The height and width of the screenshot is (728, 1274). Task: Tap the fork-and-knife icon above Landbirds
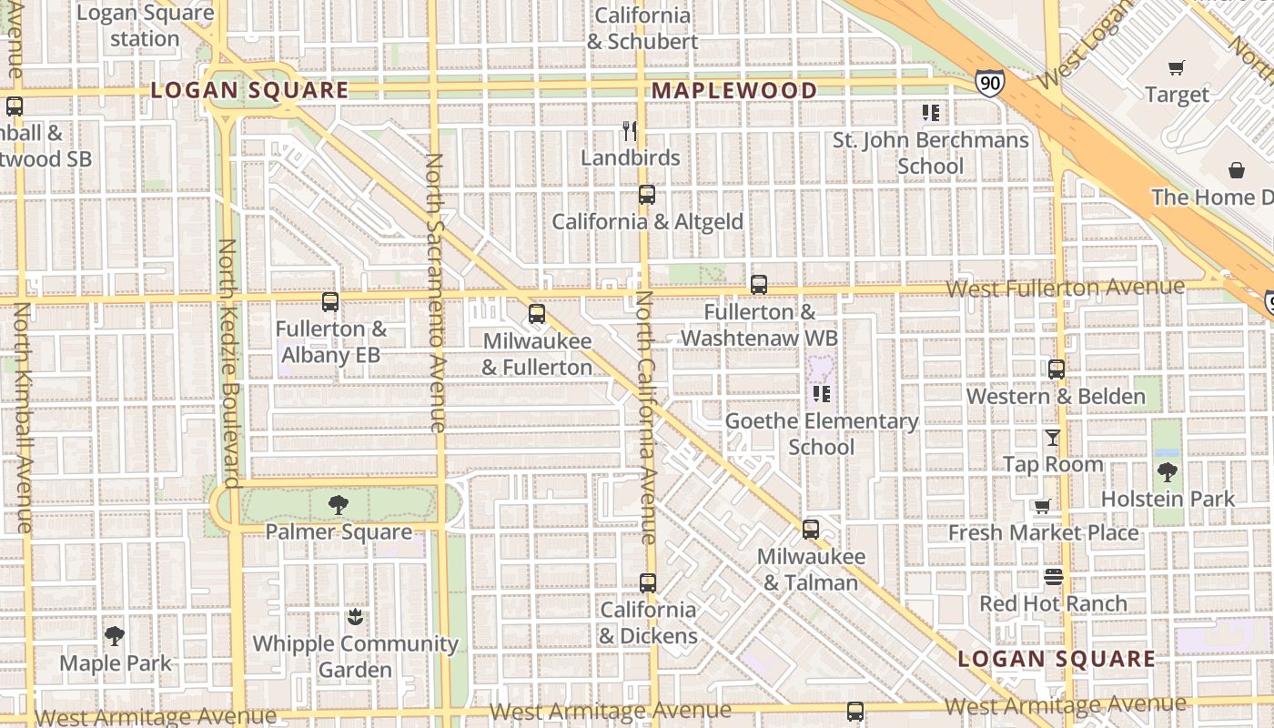630,131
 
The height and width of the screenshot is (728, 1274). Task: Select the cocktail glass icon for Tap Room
1053,438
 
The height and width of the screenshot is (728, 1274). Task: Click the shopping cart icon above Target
1177,67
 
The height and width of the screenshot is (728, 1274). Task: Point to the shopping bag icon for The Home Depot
1237,170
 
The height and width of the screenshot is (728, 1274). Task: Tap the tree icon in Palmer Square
339,505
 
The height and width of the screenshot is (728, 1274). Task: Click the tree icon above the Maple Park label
115,636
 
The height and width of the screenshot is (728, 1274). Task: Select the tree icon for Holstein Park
1168,472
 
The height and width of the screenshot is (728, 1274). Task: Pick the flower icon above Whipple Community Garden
355,617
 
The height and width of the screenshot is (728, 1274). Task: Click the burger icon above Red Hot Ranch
1054,577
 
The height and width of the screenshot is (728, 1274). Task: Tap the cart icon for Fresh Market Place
1043,506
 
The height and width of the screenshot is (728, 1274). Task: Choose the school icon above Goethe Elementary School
822,394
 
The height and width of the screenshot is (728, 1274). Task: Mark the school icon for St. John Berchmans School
930,113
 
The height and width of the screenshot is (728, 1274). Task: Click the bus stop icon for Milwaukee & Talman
810,529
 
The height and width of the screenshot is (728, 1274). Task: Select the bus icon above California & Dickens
648,583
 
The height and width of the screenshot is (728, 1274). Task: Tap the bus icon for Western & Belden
1057,369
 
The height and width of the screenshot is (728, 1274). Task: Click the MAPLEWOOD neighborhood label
734,90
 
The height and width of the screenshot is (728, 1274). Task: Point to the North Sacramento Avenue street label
436,291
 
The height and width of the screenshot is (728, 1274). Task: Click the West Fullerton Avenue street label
1065,288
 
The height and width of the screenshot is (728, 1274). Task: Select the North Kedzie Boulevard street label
228,364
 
